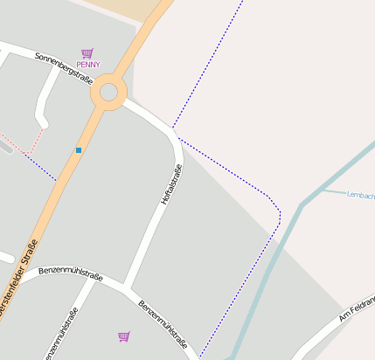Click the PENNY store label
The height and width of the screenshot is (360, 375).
88,65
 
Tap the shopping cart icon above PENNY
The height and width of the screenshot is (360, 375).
87,53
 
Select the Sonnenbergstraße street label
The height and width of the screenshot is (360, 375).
64,68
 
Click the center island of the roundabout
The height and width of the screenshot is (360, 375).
108,92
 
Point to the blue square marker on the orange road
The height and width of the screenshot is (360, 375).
79,150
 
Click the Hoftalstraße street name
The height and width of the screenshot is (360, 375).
171,184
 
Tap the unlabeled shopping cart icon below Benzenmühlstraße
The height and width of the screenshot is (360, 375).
123,336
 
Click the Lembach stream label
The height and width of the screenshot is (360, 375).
360,194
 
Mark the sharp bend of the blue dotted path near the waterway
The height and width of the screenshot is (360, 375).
279,212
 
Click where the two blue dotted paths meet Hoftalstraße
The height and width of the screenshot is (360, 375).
173,130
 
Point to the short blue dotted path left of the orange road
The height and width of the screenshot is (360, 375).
40,168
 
